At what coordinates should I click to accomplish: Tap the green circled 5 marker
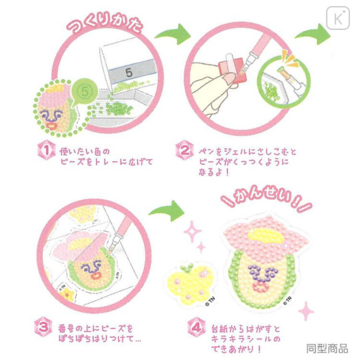(x=83, y=88)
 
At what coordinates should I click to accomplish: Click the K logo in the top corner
(x=341, y=17)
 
